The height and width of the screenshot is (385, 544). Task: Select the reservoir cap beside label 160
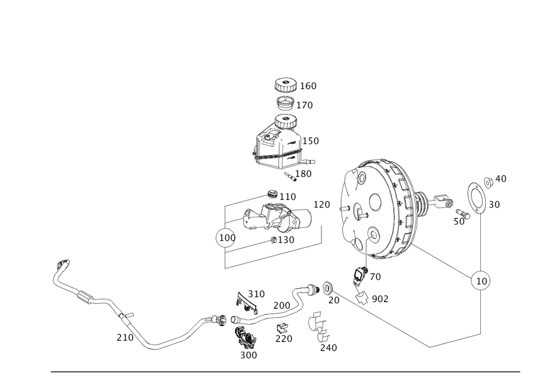284,85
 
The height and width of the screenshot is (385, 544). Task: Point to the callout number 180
303,174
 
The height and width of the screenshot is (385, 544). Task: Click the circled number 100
226,239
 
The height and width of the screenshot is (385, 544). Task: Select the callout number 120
322,205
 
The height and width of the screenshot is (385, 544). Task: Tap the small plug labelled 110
272,194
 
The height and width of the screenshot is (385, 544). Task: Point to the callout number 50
459,221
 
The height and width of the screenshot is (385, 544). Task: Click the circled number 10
481,280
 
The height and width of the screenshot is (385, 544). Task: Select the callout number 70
375,277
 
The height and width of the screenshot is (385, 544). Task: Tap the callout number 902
380,298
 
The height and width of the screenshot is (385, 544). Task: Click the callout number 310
256,294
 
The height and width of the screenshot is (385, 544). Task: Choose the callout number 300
248,355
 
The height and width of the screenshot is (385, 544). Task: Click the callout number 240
328,347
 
